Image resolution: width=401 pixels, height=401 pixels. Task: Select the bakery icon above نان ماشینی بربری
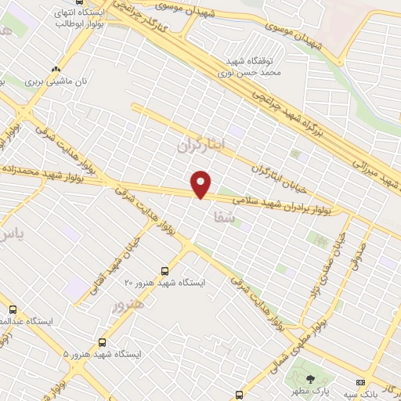tap(54, 68)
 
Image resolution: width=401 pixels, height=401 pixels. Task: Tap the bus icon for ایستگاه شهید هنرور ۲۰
tap(163, 269)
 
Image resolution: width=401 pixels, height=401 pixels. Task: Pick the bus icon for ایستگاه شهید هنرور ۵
tap(103, 341)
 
